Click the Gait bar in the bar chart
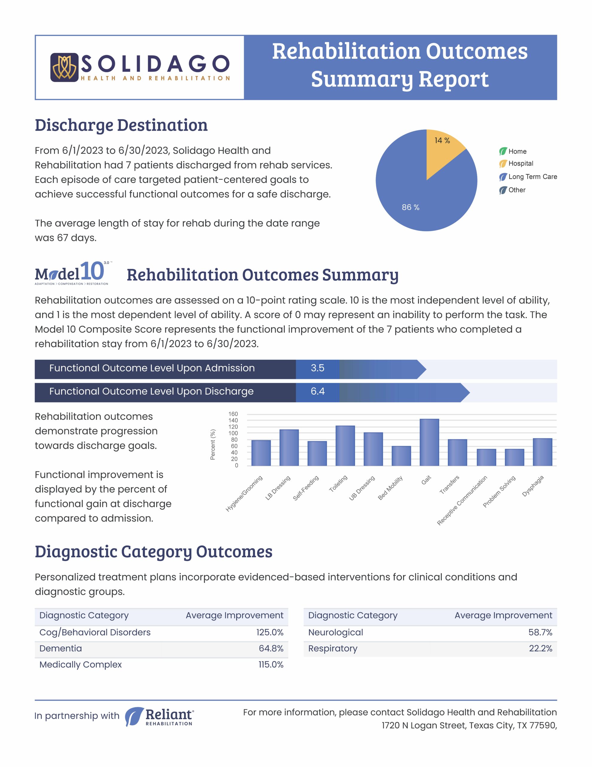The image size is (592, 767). click(429, 442)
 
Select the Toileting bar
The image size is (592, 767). click(345, 446)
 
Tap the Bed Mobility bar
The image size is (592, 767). click(401, 456)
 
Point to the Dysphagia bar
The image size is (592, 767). click(542, 452)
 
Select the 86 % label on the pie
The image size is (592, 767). click(411, 207)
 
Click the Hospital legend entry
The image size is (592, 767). click(516, 163)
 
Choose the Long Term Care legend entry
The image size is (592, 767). click(528, 177)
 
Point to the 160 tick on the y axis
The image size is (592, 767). click(233, 414)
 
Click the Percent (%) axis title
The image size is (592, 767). click(213, 444)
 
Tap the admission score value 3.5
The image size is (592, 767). click(317, 368)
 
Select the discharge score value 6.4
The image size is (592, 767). click(318, 391)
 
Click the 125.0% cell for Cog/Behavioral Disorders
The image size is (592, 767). click(270, 632)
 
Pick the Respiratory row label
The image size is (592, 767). click(333, 648)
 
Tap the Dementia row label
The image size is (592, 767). click(60, 648)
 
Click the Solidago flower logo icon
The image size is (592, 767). click(64, 67)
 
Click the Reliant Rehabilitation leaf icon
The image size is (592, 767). click(134, 716)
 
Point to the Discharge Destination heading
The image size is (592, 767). click(121, 125)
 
